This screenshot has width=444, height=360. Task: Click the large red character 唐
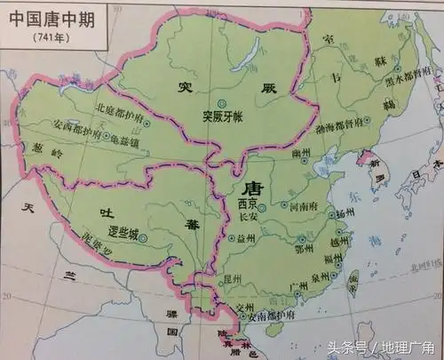pyautogui.click(x=250, y=188)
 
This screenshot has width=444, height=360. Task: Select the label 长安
pyautogui.click(x=248, y=214)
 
